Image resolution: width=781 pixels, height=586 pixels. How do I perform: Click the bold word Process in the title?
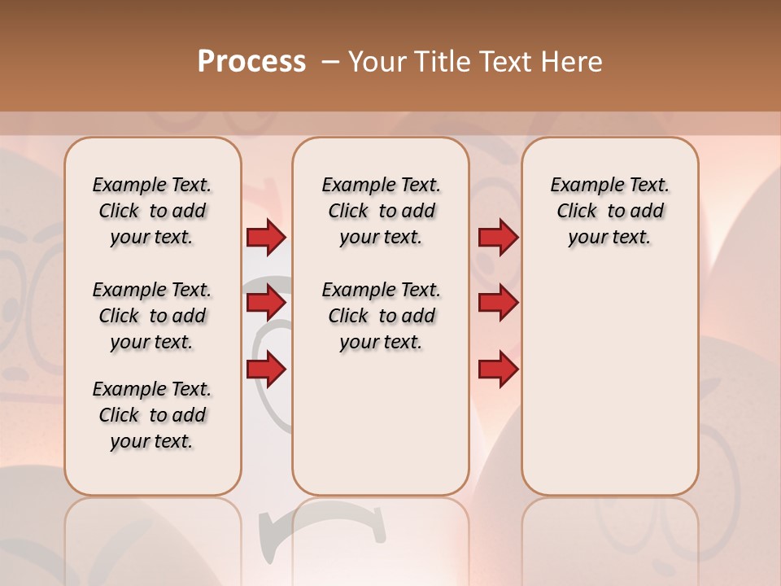click(251, 62)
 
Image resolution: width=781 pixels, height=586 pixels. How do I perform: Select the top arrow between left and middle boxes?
click(266, 237)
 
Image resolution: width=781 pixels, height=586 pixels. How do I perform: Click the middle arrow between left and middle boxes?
click(266, 304)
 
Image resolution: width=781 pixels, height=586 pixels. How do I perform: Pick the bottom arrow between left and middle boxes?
click(266, 370)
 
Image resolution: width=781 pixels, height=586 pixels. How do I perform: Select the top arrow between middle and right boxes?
click(498, 237)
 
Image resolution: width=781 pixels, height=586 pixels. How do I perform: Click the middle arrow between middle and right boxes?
click(498, 304)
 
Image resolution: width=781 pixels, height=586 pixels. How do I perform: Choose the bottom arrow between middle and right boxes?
click(498, 370)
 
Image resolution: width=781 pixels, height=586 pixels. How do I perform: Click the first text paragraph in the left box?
click(152, 211)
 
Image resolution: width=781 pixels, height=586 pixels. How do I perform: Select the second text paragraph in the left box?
click(152, 316)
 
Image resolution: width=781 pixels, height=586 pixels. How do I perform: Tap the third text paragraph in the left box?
click(152, 415)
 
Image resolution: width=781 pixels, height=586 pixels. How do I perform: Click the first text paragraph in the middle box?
click(381, 211)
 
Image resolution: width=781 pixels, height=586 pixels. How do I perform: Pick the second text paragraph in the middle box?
click(381, 316)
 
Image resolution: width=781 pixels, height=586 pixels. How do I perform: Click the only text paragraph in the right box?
click(609, 211)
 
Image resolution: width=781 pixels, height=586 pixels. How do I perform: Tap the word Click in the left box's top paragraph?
click(119, 211)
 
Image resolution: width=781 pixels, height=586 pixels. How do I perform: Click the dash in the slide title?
click(330, 62)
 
